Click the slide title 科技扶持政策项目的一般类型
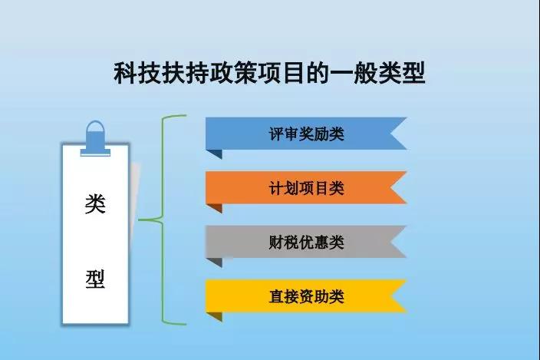pyautogui.click(x=270, y=74)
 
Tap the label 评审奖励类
pyautogui.click(x=306, y=134)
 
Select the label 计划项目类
pyautogui.click(x=306, y=188)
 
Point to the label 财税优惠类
pyautogui.click(x=306, y=243)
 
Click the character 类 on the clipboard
pyautogui.click(x=95, y=206)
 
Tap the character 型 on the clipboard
pyautogui.click(x=95, y=278)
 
